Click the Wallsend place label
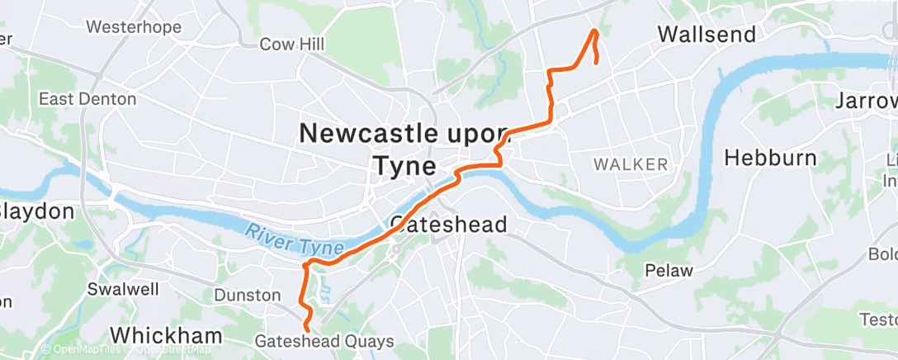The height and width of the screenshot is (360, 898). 707,34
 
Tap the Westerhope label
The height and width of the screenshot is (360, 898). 134,27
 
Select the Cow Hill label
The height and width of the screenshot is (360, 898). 291,44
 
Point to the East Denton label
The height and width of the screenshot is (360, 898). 87,99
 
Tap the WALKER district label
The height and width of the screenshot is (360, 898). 631,164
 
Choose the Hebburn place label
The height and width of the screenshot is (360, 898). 770,158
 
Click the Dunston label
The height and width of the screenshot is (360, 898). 248,295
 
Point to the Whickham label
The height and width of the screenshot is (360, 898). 166,335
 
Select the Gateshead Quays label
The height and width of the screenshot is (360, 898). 324,341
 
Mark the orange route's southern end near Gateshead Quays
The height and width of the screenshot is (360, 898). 307,329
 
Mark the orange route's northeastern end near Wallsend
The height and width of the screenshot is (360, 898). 597,62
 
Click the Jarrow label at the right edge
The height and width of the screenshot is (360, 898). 867,102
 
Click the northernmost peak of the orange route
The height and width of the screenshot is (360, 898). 594,31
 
